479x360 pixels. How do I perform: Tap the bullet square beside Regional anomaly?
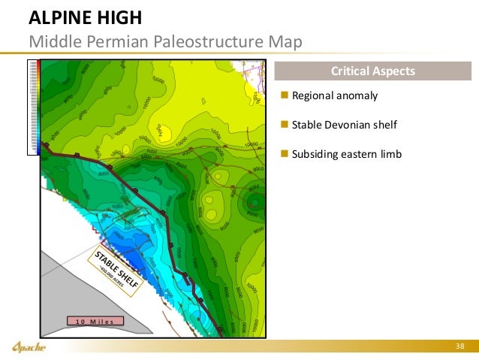[284, 96]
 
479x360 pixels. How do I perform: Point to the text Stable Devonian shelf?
[343, 125]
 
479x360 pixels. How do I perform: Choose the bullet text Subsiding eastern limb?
[347, 154]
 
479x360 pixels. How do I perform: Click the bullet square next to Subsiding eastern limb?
[284, 154]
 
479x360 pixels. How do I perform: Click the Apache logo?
[29, 346]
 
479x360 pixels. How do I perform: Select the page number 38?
[460, 346]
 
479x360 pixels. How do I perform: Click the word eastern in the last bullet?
[361, 154]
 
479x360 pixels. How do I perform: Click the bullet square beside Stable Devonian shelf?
[284, 125]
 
